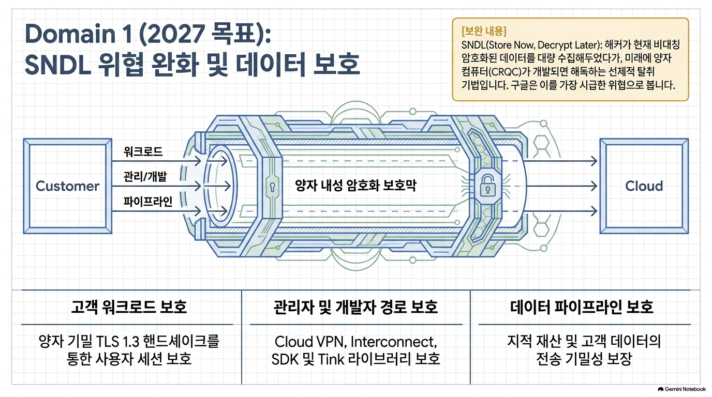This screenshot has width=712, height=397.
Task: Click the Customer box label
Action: (67, 186)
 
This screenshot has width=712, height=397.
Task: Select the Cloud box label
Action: (644, 186)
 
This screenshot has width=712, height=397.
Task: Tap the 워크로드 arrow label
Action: (143, 151)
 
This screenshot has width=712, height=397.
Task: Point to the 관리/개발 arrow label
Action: (145, 176)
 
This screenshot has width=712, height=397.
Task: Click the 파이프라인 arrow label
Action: (148, 202)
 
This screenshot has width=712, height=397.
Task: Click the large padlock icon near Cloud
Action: (487, 186)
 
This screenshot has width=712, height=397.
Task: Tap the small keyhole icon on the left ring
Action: (272, 187)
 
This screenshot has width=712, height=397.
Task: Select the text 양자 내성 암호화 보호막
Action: (355, 186)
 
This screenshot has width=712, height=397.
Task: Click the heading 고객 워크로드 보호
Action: (129, 307)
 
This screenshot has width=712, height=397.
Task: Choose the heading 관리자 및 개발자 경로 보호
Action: (355, 307)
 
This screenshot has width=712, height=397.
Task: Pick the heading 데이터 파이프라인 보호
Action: (582, 307)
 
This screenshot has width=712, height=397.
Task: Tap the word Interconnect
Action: (393, 342)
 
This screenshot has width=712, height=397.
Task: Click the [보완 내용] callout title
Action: (484, 31)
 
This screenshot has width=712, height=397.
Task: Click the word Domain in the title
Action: (70, 34)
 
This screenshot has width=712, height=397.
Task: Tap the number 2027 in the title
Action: (177, 34)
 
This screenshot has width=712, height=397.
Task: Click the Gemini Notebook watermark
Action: (682, 389)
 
